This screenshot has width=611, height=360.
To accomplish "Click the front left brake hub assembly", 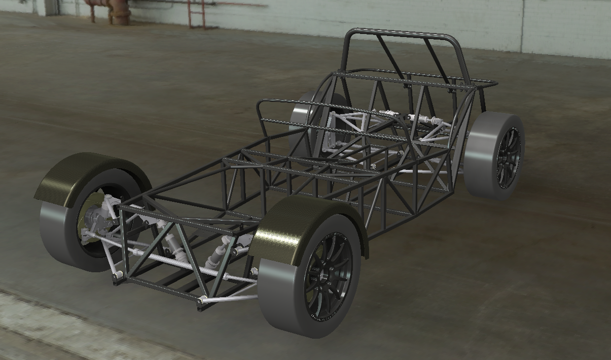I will click(94, 218).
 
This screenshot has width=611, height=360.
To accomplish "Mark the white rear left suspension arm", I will click(350, 122).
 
